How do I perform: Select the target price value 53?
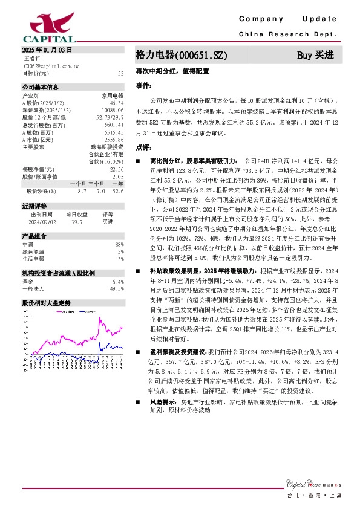pyautogui.click(x=121, y=73)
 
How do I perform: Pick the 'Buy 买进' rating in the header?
pyautogui.click(x=315, y=55)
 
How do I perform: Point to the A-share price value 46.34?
pyautogui.click(x=117, y=103)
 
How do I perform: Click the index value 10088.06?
pyautogui.click(x=113, y=110)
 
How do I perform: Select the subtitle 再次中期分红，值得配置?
pyautogui.click(x=172, y=70)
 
